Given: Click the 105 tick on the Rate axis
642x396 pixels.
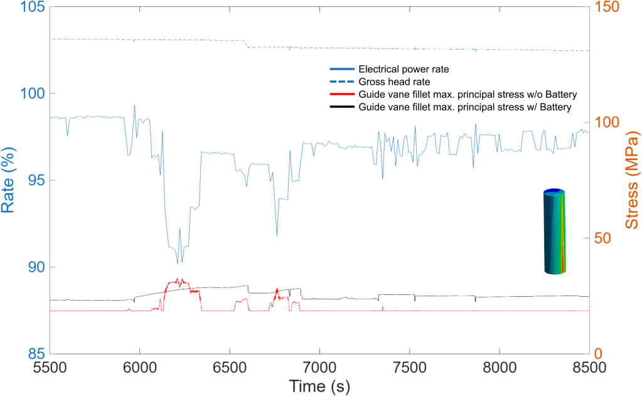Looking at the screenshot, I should click(28, 7).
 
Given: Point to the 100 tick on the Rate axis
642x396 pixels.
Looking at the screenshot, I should click(28, 94).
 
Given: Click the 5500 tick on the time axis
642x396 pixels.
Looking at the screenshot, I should click(50, 367).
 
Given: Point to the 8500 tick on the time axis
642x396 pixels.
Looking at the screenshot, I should click(589, 367).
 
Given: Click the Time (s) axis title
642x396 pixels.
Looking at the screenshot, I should click(319, 385).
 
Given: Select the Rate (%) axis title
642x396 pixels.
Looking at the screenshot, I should click(10, 180).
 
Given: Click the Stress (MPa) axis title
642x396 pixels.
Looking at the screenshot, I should click(631, 180).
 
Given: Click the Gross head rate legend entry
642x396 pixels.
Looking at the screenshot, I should click(394, 82).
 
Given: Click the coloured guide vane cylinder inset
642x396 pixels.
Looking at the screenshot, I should click(554, 232).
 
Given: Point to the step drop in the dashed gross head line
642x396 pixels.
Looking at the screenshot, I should click(247, 44).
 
